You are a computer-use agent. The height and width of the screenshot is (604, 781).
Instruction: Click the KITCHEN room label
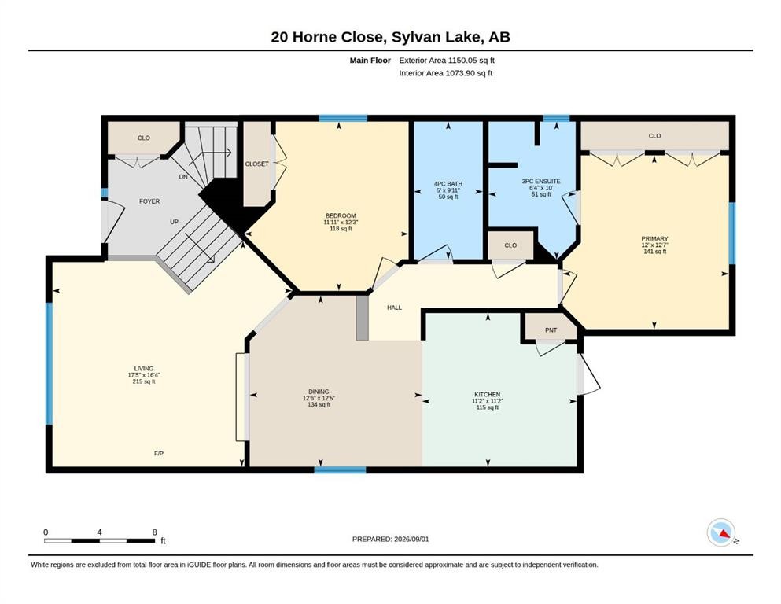tap(487, 394)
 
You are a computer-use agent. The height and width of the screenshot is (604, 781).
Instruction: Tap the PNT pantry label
tap(551, 330)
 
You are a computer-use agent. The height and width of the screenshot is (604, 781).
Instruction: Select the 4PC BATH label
tap(448, 184)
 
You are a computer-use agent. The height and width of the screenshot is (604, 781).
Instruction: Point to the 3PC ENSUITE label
tap(541, 181)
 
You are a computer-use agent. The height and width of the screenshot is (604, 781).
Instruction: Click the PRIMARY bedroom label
tap(654, 238)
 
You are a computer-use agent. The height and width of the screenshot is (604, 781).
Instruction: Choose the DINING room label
tap(319, 392)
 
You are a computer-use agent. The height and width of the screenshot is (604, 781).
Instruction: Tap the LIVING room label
tap(143, 369)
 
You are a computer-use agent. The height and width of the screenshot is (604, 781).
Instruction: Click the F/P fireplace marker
tap(158, 454)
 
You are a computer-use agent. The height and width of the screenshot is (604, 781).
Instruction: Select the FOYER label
tap(149, 201)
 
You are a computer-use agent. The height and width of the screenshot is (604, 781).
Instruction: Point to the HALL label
tap(395, 308)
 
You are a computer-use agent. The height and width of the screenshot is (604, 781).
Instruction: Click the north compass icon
tap(721, 532)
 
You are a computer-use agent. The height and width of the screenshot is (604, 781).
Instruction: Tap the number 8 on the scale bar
tap(155, 532)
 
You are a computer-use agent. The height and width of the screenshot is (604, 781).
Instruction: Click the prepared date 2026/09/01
tap(411, 539)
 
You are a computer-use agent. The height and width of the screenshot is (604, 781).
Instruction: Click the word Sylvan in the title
tap(414, 37)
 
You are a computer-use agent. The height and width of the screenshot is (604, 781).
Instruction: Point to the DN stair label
tap(183, 177)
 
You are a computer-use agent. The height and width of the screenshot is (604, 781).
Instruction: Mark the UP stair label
tap(174, 222)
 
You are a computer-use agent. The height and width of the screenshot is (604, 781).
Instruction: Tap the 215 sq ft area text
tap(143, 382)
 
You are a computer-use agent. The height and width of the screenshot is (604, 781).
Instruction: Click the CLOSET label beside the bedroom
tap(256, 164)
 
